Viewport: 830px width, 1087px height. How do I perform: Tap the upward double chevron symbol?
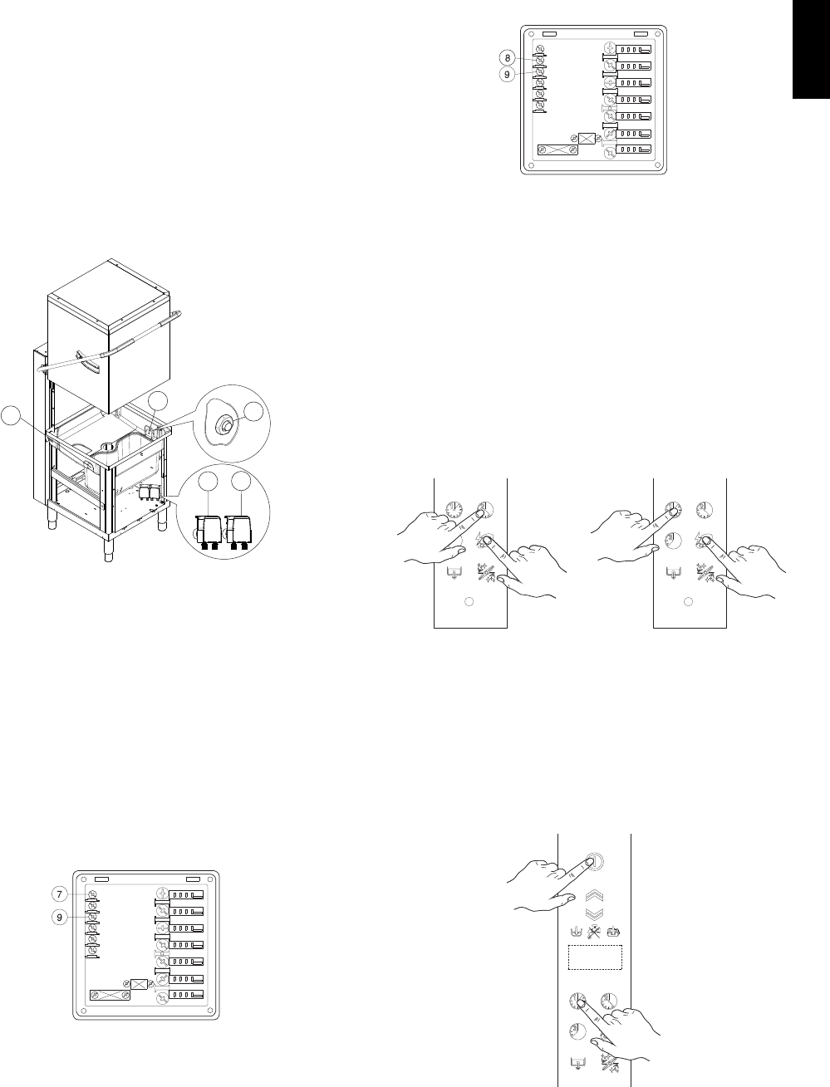(x=595, y=897)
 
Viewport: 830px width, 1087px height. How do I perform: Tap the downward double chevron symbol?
(x=595, y=913)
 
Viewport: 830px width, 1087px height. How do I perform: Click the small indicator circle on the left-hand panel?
(x=468, y=601)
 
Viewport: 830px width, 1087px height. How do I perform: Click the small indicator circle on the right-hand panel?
(x=687, y=601)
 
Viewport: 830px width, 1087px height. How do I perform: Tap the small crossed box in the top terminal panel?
(x=587, y=140)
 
